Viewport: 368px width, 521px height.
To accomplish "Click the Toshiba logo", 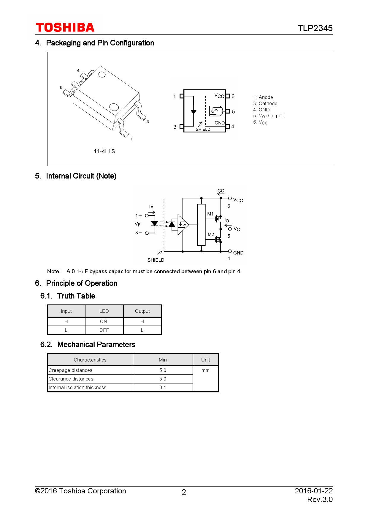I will (x=65, y=28).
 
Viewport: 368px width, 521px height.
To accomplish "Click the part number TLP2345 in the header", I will (x=315, y=28).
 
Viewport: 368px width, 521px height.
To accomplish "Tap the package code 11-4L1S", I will (x=104, y=151).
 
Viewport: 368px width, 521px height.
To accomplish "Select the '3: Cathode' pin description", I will (x=265, y=103).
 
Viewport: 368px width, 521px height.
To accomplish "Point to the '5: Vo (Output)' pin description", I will (x=269, y=116).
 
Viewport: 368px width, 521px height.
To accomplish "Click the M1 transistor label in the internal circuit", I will (x=210, y=214).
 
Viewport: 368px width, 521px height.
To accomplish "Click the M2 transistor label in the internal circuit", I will (x=211, y=234).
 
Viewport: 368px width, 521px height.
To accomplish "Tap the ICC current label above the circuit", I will (x=220, y=190).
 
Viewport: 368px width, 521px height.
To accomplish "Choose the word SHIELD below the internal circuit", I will (x=156, y=260).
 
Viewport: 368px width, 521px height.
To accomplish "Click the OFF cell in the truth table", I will (x=104, y=330).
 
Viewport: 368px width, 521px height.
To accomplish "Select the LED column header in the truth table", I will (x=104, y=311).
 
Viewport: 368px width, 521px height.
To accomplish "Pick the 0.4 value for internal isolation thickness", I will (x=163, y=387).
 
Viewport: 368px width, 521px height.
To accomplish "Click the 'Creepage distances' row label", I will (x=70, y=370).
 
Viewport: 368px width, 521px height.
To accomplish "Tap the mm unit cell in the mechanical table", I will (x=205, y=370).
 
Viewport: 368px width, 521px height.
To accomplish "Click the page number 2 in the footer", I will (x=184, y=492).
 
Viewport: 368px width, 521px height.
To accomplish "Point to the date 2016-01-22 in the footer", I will (x=313, y=491).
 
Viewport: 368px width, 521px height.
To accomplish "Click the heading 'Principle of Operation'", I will (x=82, y=283).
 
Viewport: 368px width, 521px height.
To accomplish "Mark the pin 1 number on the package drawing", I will (x=131, y=139).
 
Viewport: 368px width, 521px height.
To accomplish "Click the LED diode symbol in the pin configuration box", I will (x=193, y=112).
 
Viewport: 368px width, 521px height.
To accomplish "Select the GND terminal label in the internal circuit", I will (x=238, y=253).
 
